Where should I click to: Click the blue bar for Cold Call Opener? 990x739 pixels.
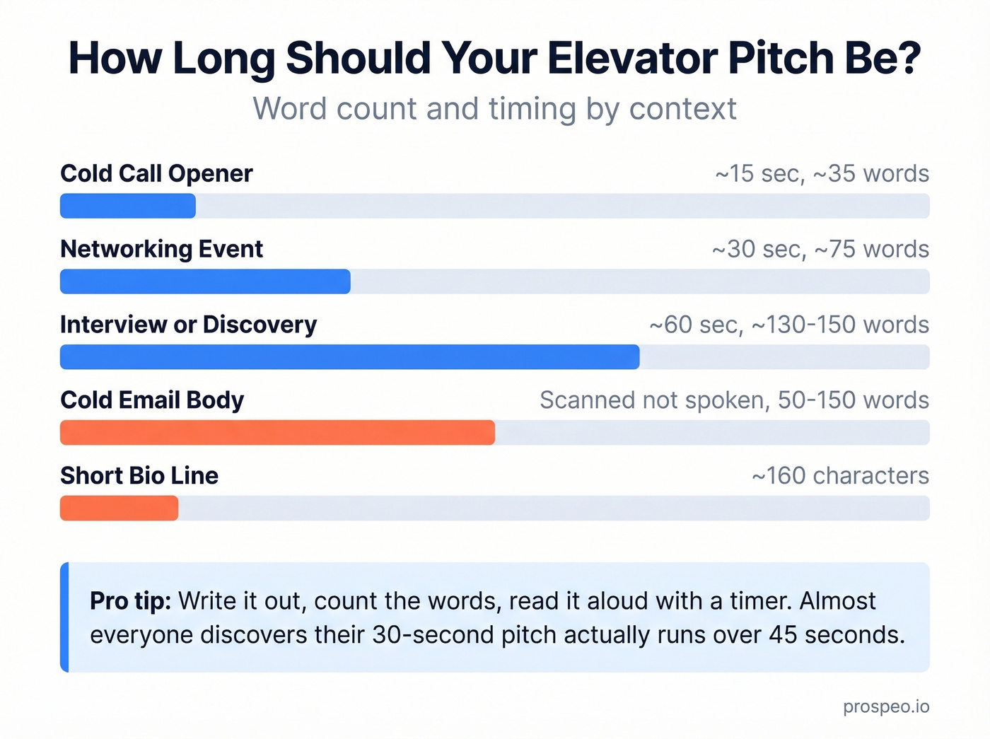click(x=127, y=206)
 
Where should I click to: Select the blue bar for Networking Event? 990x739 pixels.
click(x=205, y=281)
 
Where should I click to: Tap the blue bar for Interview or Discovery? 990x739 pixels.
click(x=349, y=357)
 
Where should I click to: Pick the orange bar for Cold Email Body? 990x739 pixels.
click(x=277, y=433)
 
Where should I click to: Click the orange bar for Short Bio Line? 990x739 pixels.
click(x=119, y=508)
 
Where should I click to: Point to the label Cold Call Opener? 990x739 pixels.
click(x=156, y=173)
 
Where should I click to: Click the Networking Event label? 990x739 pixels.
click(x=161, y=249)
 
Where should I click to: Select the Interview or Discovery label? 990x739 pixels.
click(x=188, y=325)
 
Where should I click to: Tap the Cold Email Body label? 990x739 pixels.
click(x=152, y=400)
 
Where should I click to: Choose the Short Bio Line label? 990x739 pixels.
click(x=139, y=476)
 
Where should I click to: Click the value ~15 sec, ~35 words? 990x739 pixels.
click(x=822, y=174)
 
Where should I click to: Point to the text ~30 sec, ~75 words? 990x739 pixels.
click(x=820, y=250)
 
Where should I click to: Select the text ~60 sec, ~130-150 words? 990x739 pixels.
click(x=789, y=325)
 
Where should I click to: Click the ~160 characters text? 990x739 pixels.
click(x=840, y=476)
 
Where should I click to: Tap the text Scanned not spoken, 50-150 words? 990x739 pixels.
click(x=734, y=400)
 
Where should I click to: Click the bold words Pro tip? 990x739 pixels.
click(x=130, y=601)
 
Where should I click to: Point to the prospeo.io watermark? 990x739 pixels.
click(x=886, y=706)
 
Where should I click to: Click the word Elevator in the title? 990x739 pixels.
click(x=632, y=58)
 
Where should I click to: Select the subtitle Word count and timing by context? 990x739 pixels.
click(x=495, y=109)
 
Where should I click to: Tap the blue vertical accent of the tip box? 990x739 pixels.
click(x=64, y=617)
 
